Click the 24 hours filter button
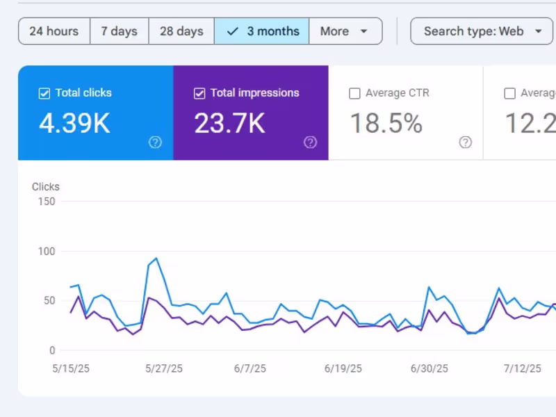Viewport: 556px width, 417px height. coord(54,31)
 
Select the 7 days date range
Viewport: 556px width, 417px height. coord(119,31)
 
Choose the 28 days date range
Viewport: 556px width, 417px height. coord(181,31)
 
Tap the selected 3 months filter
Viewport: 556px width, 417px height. coord(262,31)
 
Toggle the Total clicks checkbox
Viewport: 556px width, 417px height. coord(44,93)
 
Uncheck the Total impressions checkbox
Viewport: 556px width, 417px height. coord(199,93)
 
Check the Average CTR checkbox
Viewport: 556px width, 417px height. coord(354,93)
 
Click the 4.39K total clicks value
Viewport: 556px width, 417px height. coord(74,124)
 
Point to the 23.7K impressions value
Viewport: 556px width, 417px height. coord(229,124)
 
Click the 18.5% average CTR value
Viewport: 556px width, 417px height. coord(386,124)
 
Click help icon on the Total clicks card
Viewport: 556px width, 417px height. coord(155,142)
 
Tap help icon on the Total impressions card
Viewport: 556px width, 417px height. coord(310,142)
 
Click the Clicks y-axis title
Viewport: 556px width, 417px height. coord(46,186)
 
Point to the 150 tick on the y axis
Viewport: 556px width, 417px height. coord(47,202)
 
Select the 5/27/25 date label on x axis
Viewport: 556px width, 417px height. coord(164,368)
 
